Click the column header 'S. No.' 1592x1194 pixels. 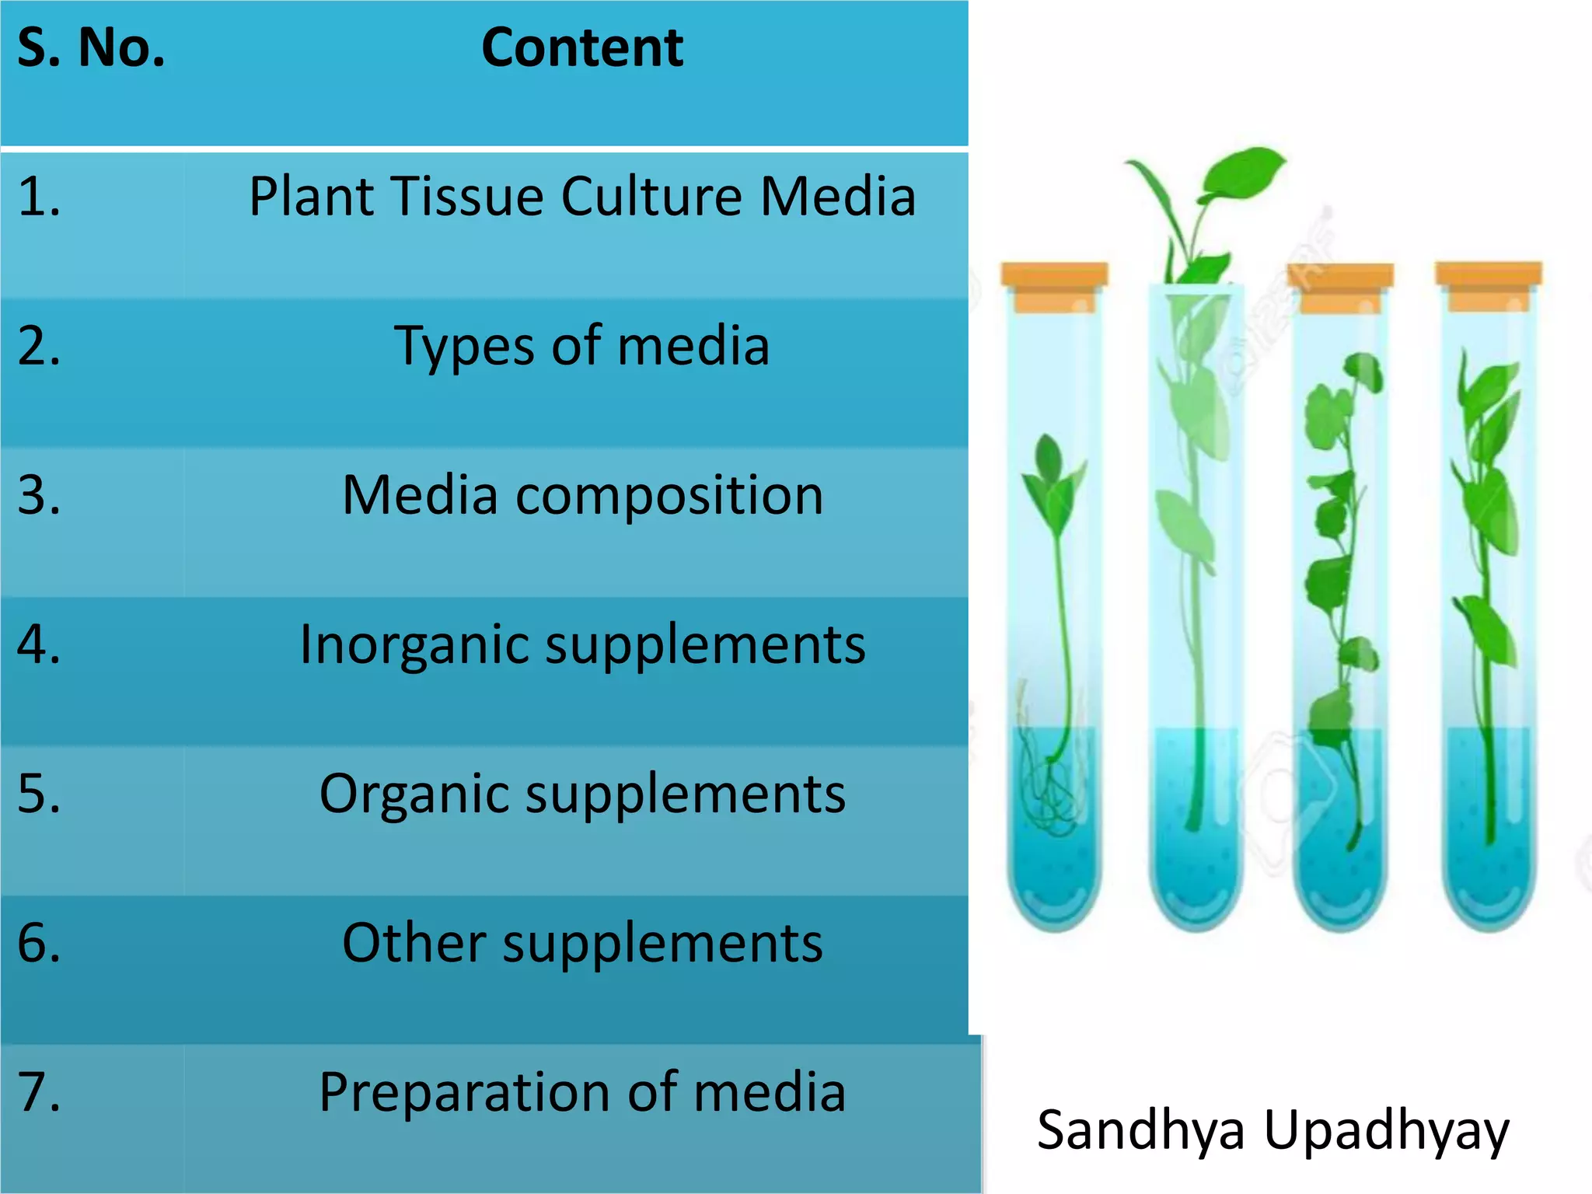[x=91, y=48]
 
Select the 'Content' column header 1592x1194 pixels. [x=582, y=48]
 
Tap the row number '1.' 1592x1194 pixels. [x=39, y=196]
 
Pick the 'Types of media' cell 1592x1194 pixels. [x=582, y=346]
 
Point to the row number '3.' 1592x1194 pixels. [x=39, y=495]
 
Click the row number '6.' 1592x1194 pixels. [x=39, y=943]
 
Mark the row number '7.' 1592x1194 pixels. [x=39, y=1092]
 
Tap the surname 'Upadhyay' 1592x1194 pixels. [x=1386, y=1132]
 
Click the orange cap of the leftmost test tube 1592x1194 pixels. [x=1053, y=286]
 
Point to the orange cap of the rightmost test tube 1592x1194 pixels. [x=1488, y=285]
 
